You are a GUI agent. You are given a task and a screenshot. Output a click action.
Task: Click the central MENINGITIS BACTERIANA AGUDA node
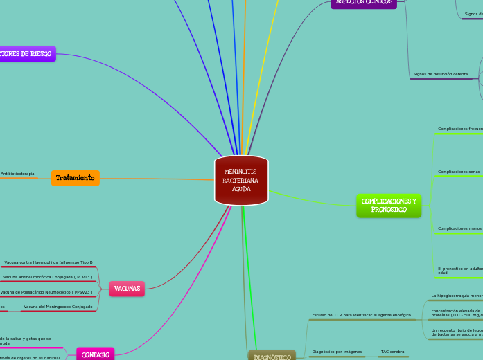[241, 180]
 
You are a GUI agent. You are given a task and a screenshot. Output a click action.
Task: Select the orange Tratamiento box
[75, 178]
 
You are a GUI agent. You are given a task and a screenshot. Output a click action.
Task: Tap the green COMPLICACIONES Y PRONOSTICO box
[388, 206]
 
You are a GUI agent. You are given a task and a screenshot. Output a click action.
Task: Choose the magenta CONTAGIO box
[95, 354]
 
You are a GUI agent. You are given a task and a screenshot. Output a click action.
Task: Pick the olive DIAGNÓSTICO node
[272, 356]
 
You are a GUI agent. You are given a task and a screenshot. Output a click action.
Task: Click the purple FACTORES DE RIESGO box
[26, 54]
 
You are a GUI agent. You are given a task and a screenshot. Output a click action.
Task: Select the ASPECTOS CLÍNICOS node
[364, 3]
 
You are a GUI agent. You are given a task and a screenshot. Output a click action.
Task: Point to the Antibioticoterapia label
[17, 174]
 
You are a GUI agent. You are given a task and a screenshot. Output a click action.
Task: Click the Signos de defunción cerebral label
[441, 74]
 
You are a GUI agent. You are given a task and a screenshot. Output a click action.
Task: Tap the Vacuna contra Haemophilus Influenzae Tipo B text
[49, 262]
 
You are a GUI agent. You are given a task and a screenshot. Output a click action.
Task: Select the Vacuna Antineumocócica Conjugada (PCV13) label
[48, 277]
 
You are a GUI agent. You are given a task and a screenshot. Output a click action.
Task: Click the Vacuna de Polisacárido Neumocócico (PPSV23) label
[46, 292]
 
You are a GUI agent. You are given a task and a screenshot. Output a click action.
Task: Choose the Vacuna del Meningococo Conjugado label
[58, 307]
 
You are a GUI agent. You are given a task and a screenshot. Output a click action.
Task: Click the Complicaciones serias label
[459, 172]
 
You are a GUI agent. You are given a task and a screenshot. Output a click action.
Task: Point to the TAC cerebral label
[393, 352]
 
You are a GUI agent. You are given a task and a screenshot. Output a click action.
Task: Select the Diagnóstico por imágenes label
[337, 352]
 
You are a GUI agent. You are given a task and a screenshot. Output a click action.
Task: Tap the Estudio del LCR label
[362, 315]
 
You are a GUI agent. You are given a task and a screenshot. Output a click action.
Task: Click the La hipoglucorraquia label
[457, 296]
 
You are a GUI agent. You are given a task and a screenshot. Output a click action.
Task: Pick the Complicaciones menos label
[459, 228]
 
